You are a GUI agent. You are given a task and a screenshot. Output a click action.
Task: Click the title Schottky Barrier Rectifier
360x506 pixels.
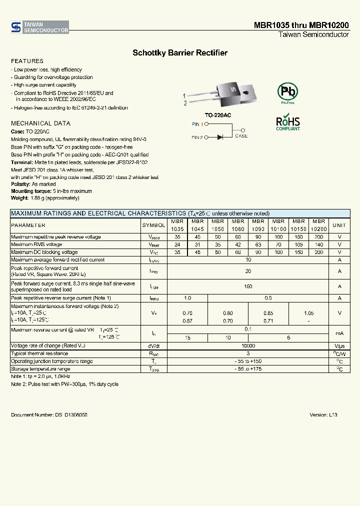pyautogui.click(x=180, y=52)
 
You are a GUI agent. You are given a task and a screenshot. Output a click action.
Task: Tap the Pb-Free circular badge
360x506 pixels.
pyautogui.click(x=287, y=92)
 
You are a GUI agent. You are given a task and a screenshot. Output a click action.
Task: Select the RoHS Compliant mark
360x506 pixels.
pyautogui.click(x=288, y=123)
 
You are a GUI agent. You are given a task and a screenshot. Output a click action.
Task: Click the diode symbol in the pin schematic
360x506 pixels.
pyautogui.click(x=221, y=137)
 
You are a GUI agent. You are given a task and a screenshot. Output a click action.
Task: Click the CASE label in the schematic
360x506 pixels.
pyautogui.click(x=241, y=136)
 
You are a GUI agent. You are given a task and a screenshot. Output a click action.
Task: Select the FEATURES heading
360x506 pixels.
pyautogui.click(x=27, y=61)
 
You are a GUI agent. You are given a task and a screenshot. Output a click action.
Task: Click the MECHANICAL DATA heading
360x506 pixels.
pyautogui.click(x=40, y=123)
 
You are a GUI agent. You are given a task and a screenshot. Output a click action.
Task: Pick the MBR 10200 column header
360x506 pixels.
pyautogui.click(x=318, y=225)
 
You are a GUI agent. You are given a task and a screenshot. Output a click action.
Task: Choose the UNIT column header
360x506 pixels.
pyautogui.click(x=339, y=225)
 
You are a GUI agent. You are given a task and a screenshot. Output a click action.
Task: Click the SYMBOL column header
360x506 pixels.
pyautogui.click(x=153, y=225)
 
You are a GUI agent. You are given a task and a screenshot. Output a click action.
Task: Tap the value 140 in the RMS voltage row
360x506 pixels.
pyautogui.click(x=318, y=244)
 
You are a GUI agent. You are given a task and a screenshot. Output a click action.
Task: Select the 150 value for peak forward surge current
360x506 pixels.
pyautogui.click(x=248, y=286)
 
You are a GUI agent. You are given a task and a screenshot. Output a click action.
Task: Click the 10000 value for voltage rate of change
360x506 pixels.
pyautogui.click(x=248, y=345)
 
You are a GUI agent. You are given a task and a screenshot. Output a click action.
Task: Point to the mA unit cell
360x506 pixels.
pyautogui.click(x=339, y=333)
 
